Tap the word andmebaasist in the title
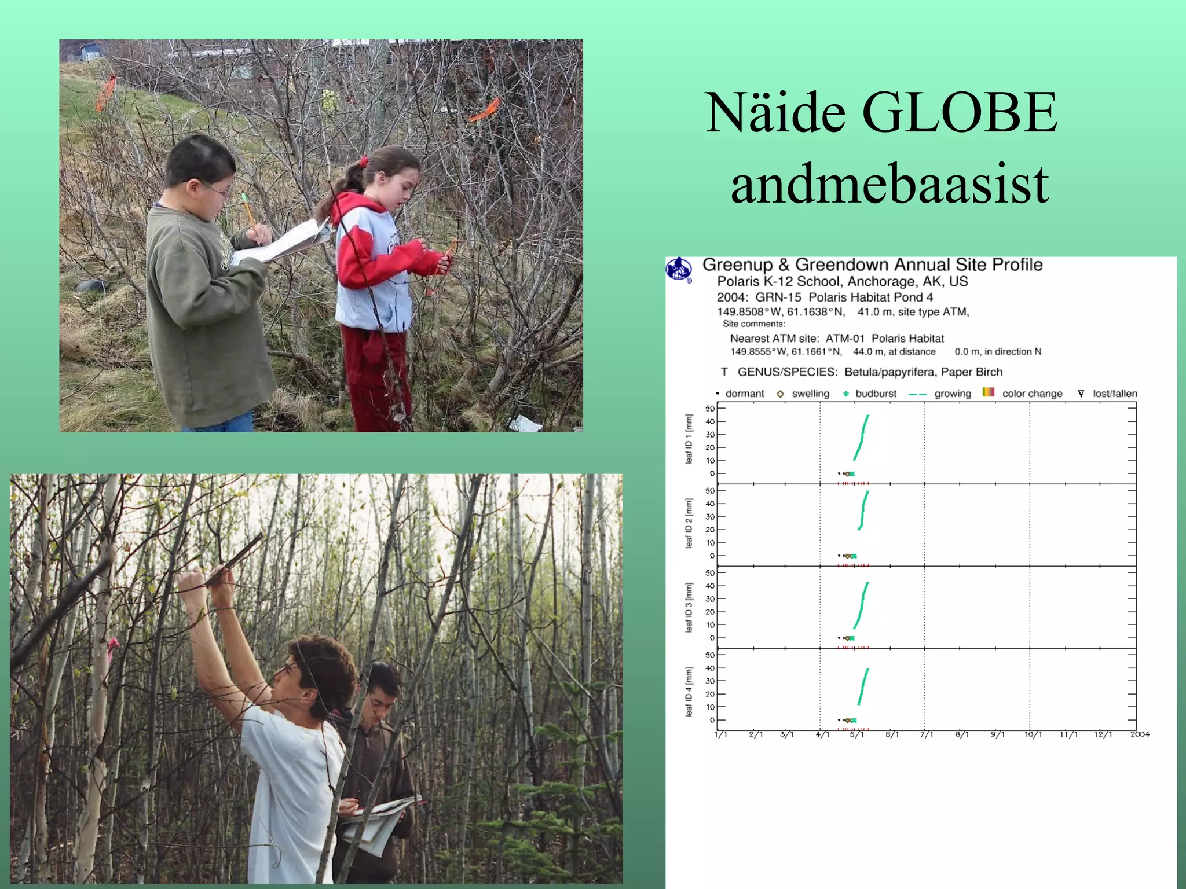tap(889, 183)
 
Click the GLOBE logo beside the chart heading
tap(679, 269)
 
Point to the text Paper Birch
tap(971, 372)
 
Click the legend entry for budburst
tap(869, 394)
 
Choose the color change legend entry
tap(1023, 394)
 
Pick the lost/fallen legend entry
tap(1107, 394)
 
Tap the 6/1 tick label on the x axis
tap(892, 734)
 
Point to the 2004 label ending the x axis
tap(1140, 734)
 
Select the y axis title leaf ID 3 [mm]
tap(689, 607)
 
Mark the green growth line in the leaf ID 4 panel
tap(863, 686)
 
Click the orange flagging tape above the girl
tap(485, 111)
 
